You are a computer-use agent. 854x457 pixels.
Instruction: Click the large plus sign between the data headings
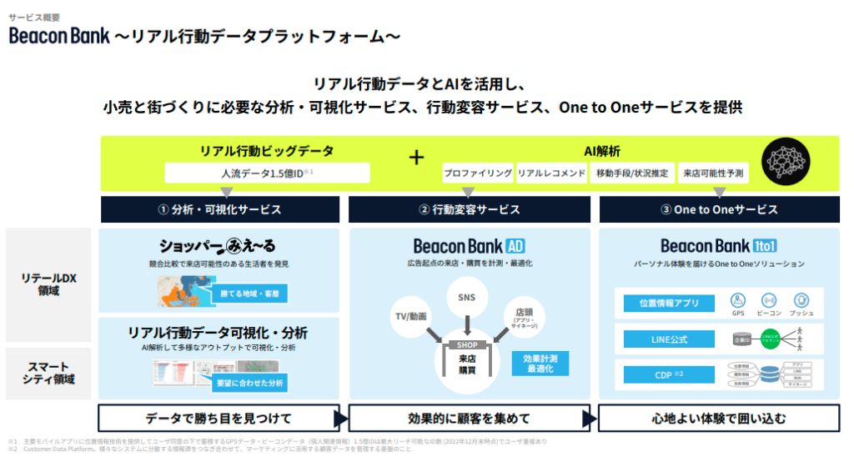416,157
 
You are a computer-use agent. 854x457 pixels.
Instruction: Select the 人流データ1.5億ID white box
267,173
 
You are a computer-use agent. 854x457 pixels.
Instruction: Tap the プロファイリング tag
478,173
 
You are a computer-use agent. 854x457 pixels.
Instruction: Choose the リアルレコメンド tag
551,173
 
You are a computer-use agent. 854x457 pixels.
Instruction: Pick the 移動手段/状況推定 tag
630,173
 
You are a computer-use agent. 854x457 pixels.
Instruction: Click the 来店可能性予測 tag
713,173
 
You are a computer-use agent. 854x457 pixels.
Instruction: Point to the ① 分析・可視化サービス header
220,209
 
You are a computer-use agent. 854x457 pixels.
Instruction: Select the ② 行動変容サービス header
470,209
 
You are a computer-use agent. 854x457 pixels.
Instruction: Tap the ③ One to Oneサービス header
719,209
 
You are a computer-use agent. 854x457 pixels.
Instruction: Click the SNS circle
467,297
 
